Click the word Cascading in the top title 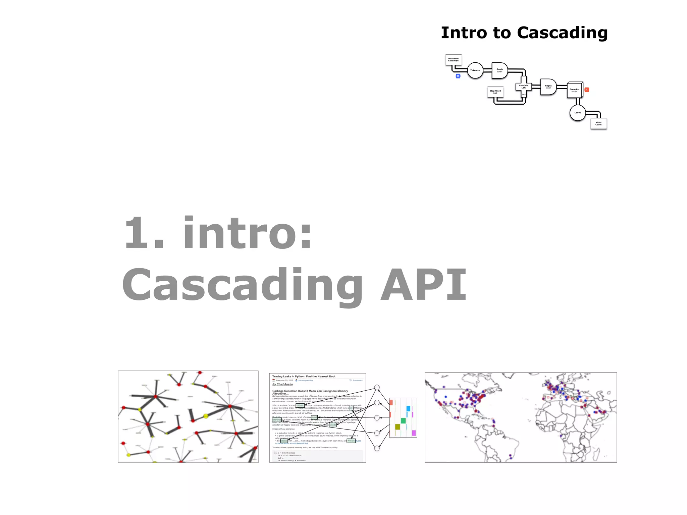[x=562, y=33]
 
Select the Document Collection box [x=453, y=60]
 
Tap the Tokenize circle [x=475, y=70]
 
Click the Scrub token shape [x=499, y=70]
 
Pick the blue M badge [x=458, y=76]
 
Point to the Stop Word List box [x=495, y=92]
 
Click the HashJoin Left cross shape [x=523, y=87]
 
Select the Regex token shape [x=548, y=87]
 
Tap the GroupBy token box [x=574, y=90]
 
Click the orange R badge [x=587, y=90]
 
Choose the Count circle [x=577, y=113]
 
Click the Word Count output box [x=598, y=123]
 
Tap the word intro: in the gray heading [x=248, y=233]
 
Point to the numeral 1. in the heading [x=144, y=233]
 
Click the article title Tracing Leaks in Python [x=304, y=377]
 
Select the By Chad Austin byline [x=282, y=385]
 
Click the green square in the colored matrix [x=403, y=421]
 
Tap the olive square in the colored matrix [x=398, y=427]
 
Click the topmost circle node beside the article [x=377, y=387]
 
